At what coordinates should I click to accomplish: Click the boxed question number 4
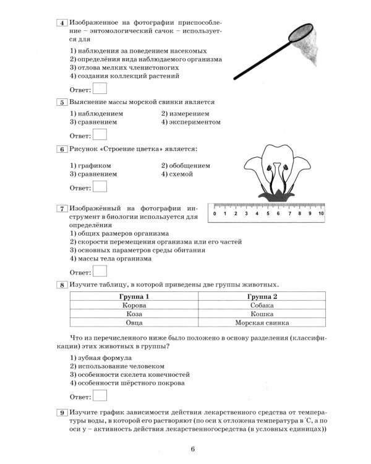[x=61, y=24]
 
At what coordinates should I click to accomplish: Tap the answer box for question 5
[x=100, y=134]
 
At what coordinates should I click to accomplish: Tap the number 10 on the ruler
[x=321, y=213]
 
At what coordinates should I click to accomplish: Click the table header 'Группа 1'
[x=134, y=297]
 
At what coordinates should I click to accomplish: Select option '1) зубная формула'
[x=100, y=357]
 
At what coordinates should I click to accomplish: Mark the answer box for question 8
[x=100, y=395]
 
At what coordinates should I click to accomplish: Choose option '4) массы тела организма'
[x=110, y=259]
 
